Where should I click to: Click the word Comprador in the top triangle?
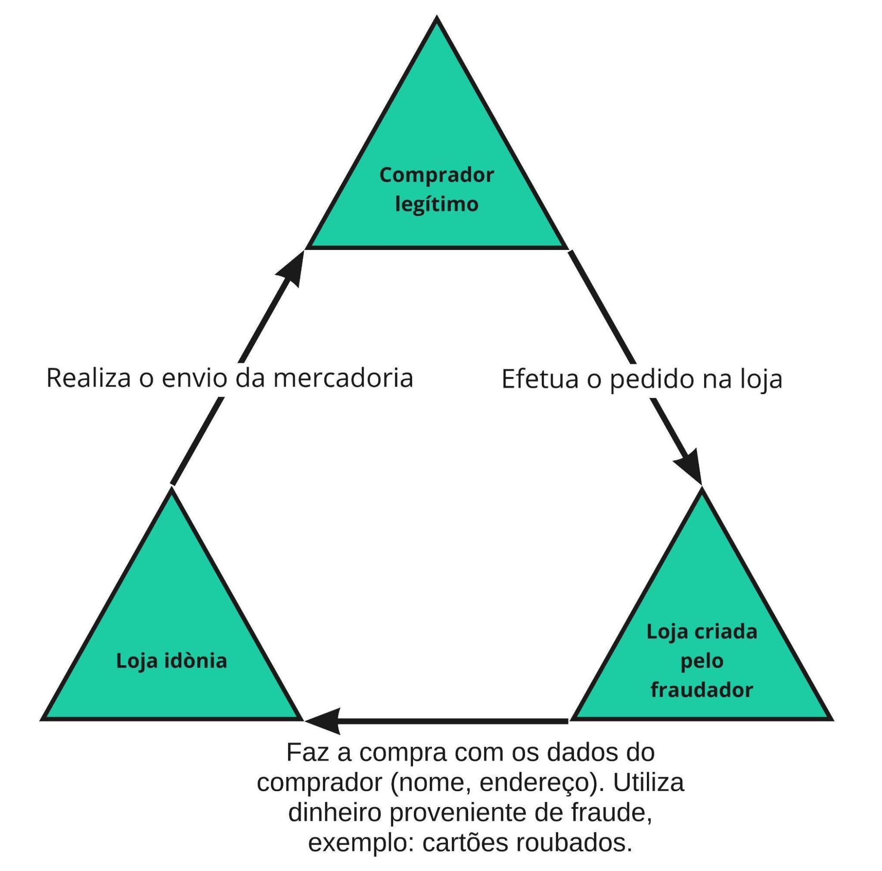tap(436, 175)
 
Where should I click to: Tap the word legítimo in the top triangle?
tap(436, 204)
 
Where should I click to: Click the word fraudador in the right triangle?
tap(702, 689)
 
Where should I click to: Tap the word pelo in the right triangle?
tap(702, 661)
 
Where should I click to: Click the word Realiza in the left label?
tap(89, 379)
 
